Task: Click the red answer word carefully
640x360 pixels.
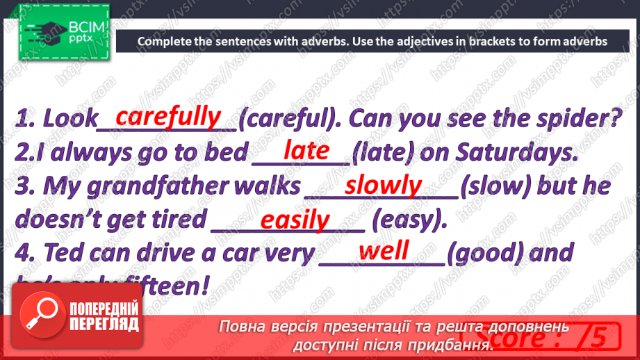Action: [168, 116]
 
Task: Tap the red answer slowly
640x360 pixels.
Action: [384, 185]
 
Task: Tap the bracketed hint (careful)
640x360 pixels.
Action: [289, 120]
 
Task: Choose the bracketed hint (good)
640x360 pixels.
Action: [489, 253]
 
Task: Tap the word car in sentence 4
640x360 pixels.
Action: [223, 253]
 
